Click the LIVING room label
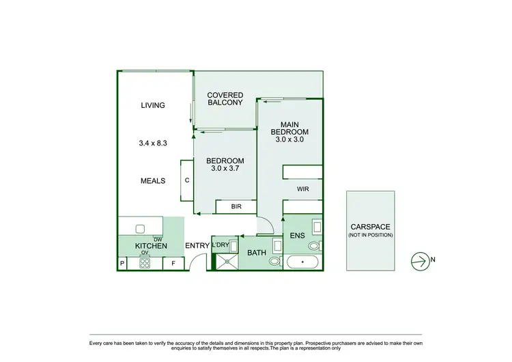click(x=154, y=105)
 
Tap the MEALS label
click(x=154, y=181)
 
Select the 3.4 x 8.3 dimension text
click(x=154, y=143)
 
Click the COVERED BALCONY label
click(x=225, y=99)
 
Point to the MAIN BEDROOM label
click(x=289, y=128)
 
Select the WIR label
click(x=303, y=189)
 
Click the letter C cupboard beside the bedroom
click(x=186, y=180)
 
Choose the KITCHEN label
click(x=151, y=245)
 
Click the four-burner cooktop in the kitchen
click(x=145, y=262)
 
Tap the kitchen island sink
click(x=141, y=229)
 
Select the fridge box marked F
click(x=173, y=262)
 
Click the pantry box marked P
click(x=123, y=262)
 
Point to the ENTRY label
click(x=197, y=245)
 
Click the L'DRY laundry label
click(x=220, y=245)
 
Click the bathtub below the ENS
click(x=302, y=262)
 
